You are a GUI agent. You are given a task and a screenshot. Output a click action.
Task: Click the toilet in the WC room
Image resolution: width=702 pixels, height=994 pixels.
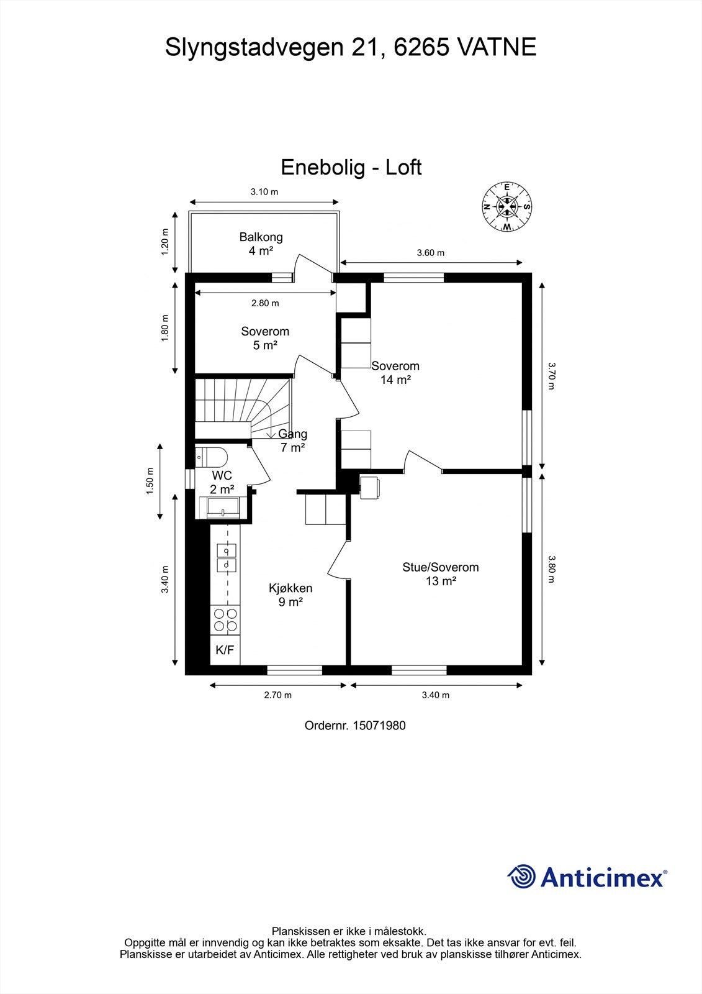pos(209,457)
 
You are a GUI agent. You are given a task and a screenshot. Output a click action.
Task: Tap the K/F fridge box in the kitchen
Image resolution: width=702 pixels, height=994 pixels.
pos(225,650)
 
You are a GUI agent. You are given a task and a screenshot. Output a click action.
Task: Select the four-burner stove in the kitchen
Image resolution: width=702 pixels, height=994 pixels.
pos(225,620)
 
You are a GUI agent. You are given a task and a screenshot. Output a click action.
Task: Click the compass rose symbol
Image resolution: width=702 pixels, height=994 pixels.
pos(507,207)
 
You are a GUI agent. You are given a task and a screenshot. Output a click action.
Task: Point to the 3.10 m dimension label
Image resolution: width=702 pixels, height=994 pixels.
pos(264,192)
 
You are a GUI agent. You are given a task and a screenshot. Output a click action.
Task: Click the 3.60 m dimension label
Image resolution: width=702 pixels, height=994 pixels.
pos(431,253)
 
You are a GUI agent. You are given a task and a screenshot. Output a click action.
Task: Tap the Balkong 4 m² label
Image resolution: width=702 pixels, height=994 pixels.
pos(261,244)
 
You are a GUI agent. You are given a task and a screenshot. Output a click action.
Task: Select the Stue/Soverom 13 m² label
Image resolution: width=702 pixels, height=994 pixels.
pos(441,574)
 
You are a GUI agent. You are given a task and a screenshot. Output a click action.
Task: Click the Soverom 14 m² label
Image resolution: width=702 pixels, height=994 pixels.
pos(395,373)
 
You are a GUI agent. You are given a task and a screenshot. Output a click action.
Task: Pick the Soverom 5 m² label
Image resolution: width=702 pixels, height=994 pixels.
pos(265,338)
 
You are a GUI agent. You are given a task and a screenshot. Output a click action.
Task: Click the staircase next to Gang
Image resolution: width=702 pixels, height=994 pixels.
pos(242,409)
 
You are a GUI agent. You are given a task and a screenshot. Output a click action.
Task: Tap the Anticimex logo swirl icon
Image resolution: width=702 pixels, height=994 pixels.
pos(522,877)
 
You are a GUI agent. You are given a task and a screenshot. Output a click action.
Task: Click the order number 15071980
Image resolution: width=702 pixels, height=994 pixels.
pos(379,725)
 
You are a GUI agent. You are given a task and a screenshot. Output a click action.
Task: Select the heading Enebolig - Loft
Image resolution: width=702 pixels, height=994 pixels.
pos(351,167)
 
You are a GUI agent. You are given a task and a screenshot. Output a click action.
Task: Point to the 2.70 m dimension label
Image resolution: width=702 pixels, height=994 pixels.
pos(277,695)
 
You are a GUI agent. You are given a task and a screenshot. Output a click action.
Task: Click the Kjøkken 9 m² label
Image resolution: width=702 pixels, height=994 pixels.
pos(290,595)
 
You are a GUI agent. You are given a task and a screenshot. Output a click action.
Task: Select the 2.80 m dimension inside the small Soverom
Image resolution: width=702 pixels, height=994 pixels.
pos(265,303)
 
